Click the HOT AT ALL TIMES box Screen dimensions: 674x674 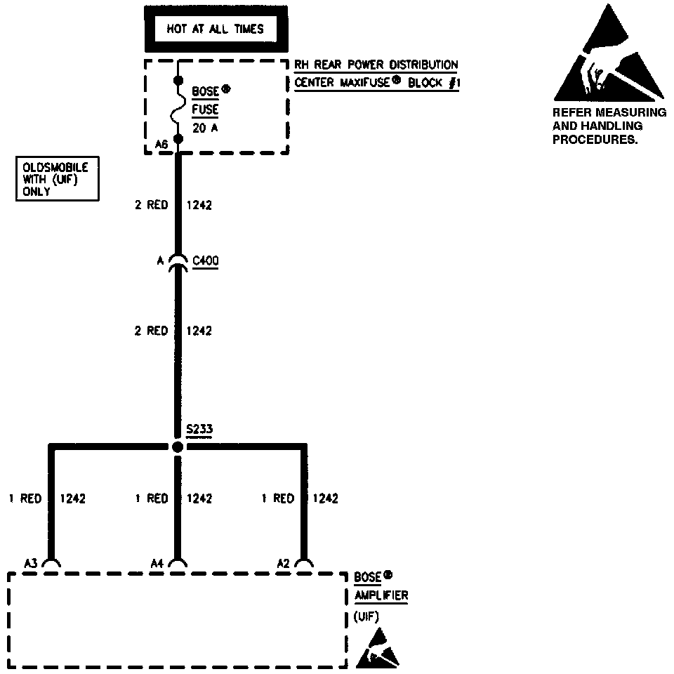tap(215, 29)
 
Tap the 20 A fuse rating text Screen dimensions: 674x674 tap(205, 128)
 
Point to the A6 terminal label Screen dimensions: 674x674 tap(161, 145)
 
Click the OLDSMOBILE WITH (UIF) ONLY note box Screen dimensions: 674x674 tap(57, 180)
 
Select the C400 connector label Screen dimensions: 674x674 tap(206, 261)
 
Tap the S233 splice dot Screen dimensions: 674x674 tap(178, 447)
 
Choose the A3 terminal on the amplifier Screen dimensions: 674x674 tap(51, 563)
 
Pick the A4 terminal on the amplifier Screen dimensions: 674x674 tap(178, 563)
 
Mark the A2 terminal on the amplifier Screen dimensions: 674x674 tap(303, 563)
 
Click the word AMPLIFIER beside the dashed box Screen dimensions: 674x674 tap(381, 596)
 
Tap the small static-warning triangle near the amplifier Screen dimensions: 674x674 tap(378, 649)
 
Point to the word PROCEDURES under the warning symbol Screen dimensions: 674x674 tap(595, 139)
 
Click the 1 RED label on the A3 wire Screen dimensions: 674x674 tap(25, 498)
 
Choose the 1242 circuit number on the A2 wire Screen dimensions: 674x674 tap(325, 498)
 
